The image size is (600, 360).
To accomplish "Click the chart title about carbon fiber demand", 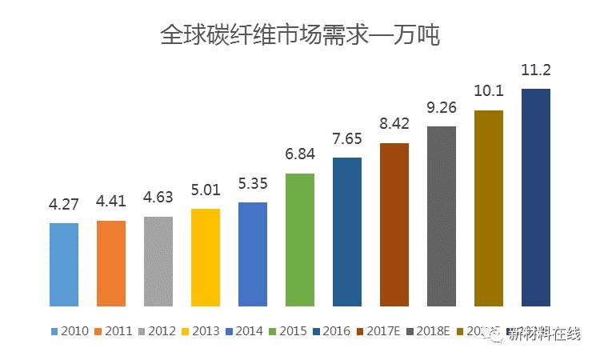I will [x=300, y=35].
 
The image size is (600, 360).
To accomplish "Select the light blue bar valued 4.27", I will [x=64, y=264].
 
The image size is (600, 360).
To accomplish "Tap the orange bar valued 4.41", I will [x=111, y=263].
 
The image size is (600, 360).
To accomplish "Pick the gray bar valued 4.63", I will [x=158, y=261].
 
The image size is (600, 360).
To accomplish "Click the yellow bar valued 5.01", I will [x=206, y=257].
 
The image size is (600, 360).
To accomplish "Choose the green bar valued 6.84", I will [x=300, y=239].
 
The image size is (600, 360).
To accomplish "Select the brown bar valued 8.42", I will [x=394, y=224].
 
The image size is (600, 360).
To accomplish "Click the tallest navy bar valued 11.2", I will [x=536, y=197].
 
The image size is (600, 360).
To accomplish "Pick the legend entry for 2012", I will [x=156, y=330].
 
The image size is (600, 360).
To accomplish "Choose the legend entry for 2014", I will [x=243, y=330].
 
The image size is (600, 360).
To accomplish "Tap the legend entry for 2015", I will [x=287, y=330].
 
